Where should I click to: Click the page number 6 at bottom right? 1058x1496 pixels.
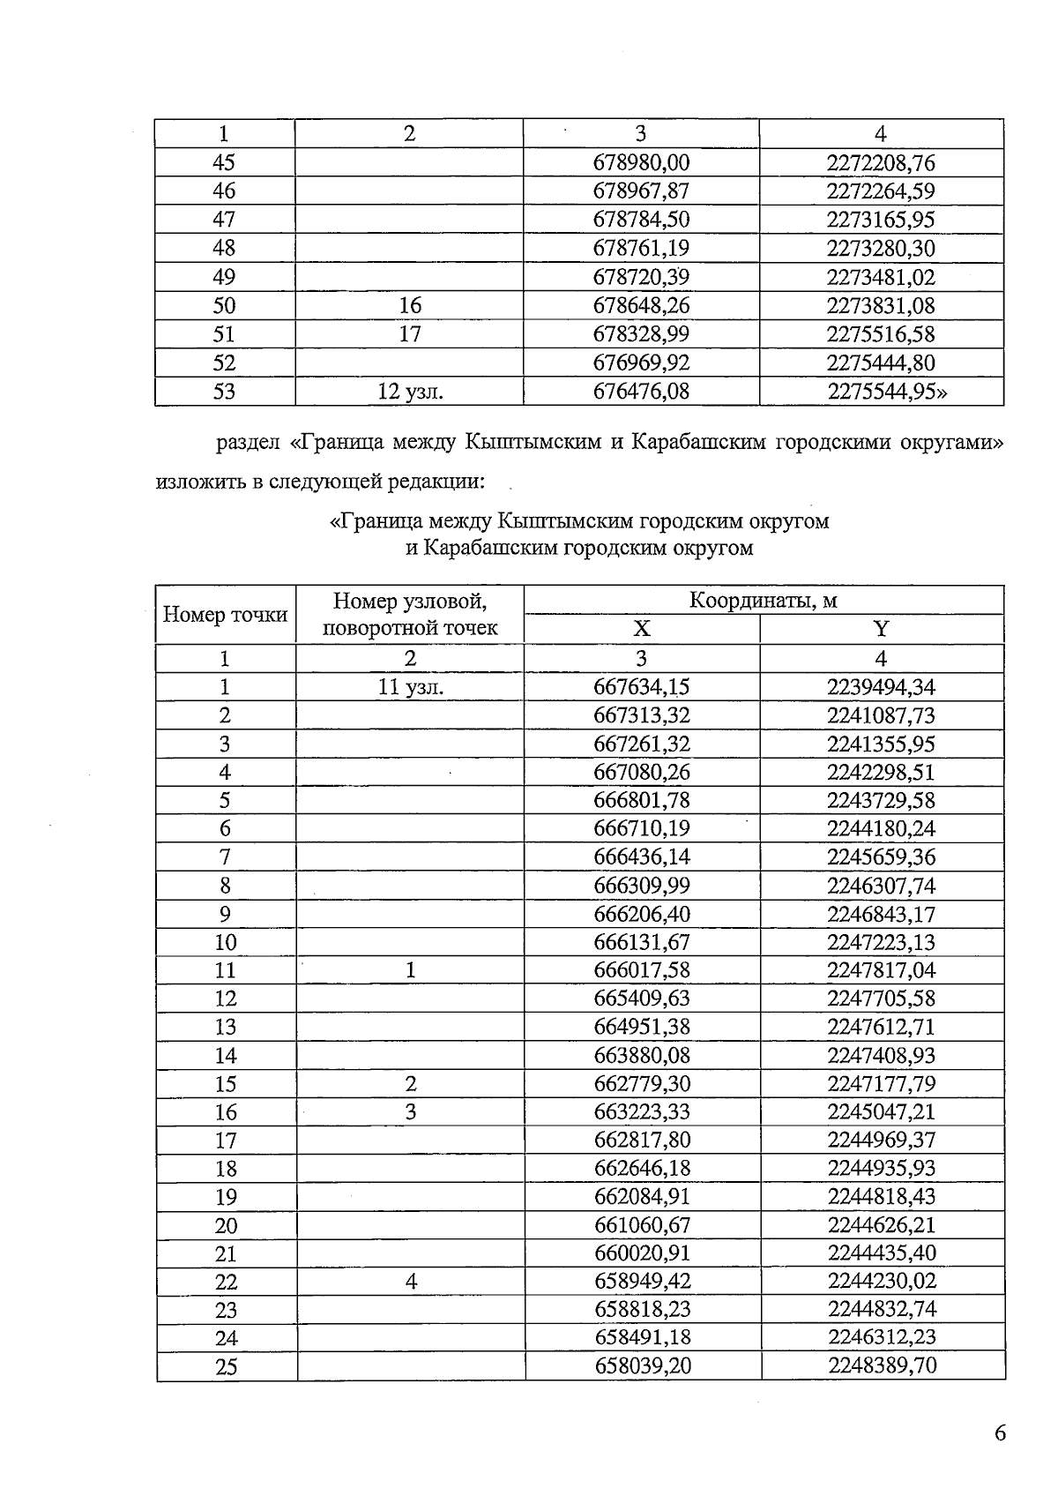[999, 1433]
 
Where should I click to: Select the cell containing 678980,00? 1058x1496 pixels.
[641, 163]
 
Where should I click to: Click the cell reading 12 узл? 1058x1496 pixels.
[410, 392]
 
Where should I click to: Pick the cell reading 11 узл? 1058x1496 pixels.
[410, 687]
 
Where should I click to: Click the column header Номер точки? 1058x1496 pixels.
[226, 615]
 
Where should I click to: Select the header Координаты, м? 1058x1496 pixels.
[763, 601]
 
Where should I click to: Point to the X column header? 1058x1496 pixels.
[642, 629]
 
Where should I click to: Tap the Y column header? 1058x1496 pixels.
[881, 629]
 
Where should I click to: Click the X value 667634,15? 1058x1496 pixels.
[641, 687]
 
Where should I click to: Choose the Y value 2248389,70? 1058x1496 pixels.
[882, 1366]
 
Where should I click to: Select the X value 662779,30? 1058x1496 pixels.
[641, 1084]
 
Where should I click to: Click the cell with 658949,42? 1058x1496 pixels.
[641, 1282]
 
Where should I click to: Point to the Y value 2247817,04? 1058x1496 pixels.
[882, 970]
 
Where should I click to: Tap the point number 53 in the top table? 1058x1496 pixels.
[225, 392]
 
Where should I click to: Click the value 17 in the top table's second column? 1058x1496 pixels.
[410, 334]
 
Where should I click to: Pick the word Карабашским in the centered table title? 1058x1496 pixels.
[487, 549]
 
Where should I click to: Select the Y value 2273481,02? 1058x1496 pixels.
[881, 278]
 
